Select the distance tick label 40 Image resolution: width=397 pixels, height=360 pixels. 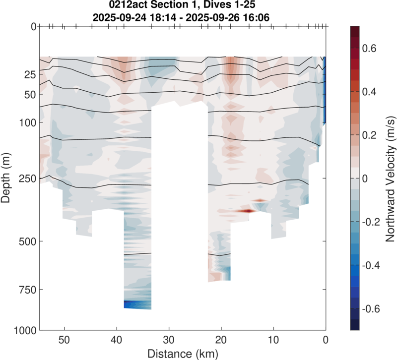[117, 341]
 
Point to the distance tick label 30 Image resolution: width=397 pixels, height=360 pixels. [169, 341]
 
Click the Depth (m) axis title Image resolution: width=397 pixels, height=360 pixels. [7, 178]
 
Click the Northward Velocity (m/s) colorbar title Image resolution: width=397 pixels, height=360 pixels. [390, 178]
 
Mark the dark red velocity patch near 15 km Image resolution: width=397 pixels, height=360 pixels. [245, 211]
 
